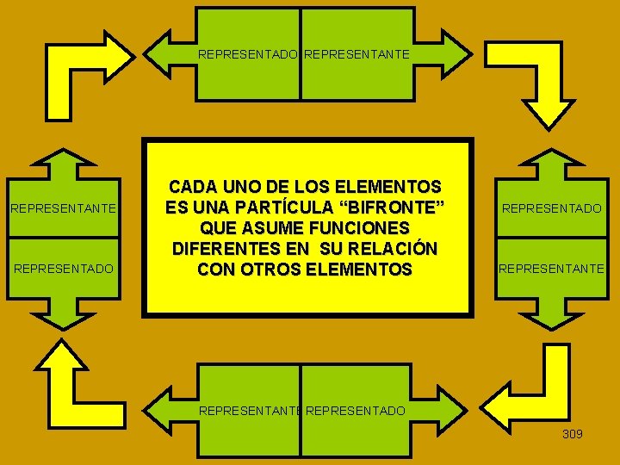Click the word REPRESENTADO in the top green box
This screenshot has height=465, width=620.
(x=249, y=54)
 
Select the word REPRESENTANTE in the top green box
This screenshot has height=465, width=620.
(x=357, y=54)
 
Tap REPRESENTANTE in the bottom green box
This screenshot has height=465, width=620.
(x=250, y=411)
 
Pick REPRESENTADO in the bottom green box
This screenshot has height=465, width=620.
(x=355, y=411)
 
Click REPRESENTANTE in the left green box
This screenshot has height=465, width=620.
(x=62, y=208)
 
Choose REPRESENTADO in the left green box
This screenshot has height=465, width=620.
(x=63, y=269)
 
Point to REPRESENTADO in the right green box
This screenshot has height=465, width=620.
(x=551, y=208)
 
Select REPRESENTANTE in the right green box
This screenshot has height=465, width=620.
(x=551, y=269)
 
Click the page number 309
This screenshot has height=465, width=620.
(x=572, y=434)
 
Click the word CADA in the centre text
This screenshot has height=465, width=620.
(x=194, y=187)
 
